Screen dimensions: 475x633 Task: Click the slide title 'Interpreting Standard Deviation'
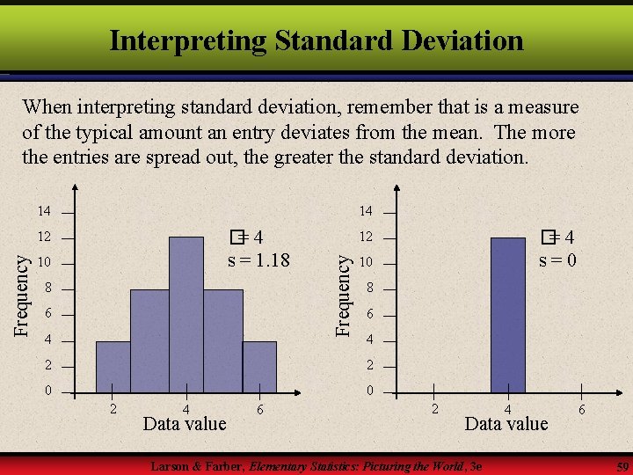[316, 40]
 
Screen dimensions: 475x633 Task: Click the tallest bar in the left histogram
[186, 314]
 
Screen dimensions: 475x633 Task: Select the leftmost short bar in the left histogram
[113, 366]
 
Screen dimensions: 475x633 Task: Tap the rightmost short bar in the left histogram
[259, 366]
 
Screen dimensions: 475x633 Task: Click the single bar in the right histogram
[507, 314]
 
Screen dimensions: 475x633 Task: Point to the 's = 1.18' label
[258, 260]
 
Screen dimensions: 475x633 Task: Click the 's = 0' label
[557, 260]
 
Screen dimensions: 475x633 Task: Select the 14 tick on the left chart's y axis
[44, 211]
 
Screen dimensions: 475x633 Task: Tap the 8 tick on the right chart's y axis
[370, 288]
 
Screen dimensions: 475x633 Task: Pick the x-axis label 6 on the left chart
[260, 409]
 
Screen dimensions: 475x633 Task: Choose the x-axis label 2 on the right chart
[433, 409]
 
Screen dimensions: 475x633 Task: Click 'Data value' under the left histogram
[185, 424]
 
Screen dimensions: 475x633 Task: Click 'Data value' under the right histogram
[506, 424]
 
